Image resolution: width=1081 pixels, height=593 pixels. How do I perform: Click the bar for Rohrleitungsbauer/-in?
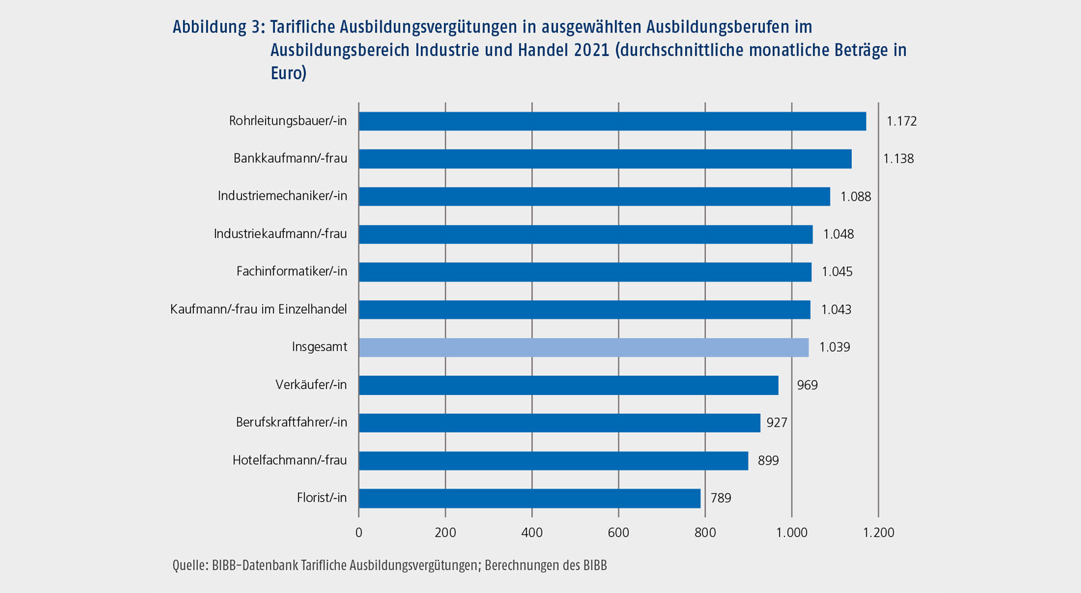pos(612,121)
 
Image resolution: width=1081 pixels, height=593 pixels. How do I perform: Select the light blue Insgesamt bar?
pos(584,347)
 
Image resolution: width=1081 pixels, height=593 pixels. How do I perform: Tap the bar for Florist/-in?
pos(530,498)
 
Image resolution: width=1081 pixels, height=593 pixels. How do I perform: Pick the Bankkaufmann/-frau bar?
pos(605,159)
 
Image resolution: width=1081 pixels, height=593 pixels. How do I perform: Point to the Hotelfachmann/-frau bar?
pos(553,460)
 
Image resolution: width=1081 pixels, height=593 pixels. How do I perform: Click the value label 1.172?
pos(901,121)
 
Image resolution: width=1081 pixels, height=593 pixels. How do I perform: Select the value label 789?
pos(721,498)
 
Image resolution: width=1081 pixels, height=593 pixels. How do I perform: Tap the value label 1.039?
pos(834,347)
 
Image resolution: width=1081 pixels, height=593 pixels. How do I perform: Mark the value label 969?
pos(807,385)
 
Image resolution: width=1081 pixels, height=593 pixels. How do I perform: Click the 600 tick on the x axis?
pos(618,532)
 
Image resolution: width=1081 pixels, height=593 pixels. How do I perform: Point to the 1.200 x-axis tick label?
pos(878,532)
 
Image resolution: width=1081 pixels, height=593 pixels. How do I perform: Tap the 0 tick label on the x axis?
pos(359,532)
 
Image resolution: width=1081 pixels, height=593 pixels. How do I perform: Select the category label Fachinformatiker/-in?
pos(291,271)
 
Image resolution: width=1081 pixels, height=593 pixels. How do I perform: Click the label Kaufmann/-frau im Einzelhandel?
pos(258,309)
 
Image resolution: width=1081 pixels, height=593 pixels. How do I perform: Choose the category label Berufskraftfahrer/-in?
pos(291,422)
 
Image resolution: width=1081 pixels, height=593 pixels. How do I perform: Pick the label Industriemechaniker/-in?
pos(282,196)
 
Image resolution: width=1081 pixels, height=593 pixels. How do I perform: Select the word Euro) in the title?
pos(288,73)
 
